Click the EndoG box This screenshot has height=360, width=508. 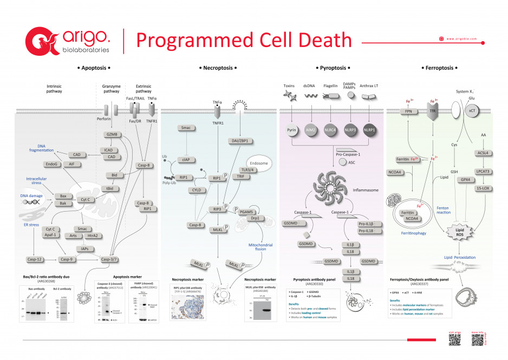pyautogui.click(x=51, y=163)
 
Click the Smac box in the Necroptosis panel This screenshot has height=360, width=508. pyautogui.click(x=186, y=128)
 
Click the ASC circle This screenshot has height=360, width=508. pyautogui.click(x=343, y=162)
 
